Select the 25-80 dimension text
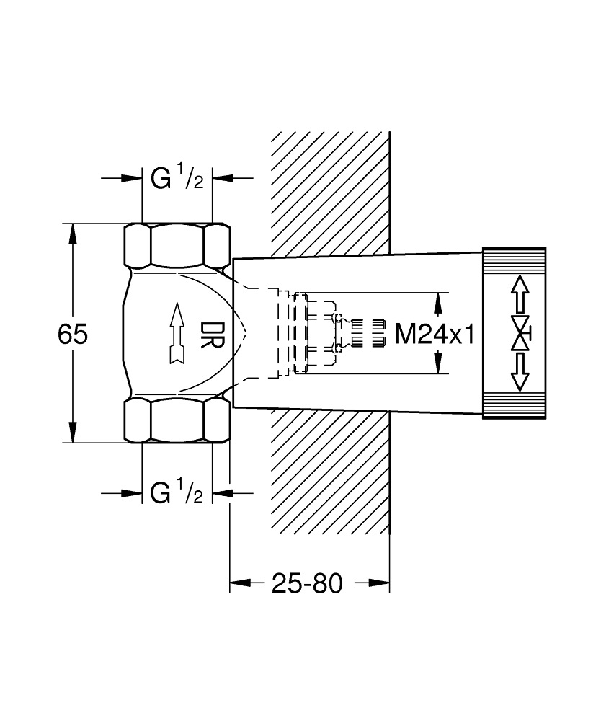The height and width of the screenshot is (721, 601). [307, 583]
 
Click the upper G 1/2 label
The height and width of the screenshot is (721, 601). [177, 178]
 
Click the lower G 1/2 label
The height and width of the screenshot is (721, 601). [177, 493]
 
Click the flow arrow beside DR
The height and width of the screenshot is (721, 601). [175, 334]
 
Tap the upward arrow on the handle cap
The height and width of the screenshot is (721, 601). [520, 293]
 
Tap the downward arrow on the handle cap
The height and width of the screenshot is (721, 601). [520, 374]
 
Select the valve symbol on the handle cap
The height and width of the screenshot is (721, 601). [520, 333]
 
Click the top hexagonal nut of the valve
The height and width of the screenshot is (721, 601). [177, 246]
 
